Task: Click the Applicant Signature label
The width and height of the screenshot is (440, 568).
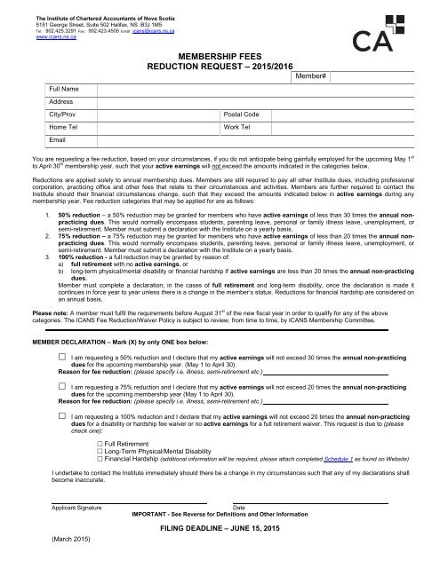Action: pos(76,507)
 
